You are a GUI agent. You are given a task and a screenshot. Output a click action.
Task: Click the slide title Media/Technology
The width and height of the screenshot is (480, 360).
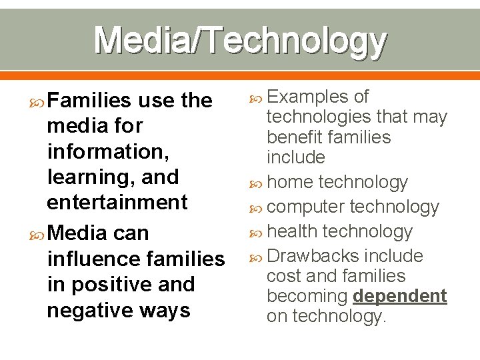tap(240, 41)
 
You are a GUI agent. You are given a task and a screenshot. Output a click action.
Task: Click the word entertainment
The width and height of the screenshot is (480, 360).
tap(117, 203)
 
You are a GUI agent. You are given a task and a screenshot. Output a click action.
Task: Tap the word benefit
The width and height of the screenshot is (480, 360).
tap(295, 137)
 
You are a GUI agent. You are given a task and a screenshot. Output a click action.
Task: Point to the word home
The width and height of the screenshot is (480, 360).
tap(290, 182)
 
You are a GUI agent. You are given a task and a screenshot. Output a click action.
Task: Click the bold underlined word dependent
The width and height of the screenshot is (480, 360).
tap(400, 296)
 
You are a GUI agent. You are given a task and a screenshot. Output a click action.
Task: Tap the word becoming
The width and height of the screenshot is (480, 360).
tap(307, 296)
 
